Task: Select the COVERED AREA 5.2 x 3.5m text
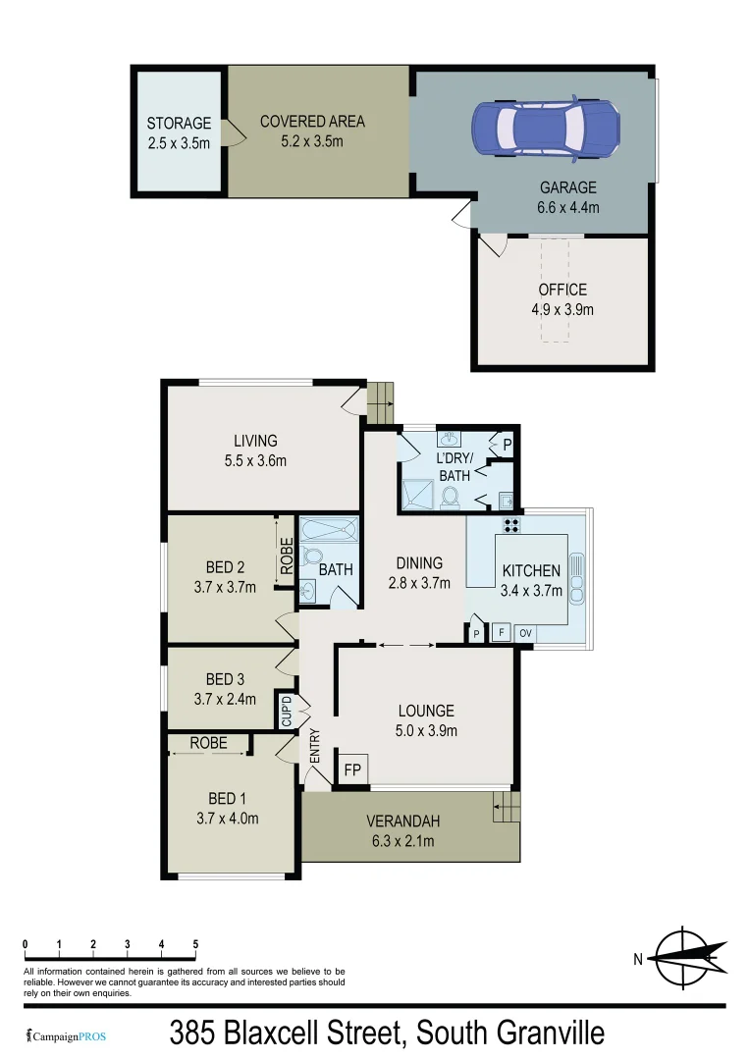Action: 312,131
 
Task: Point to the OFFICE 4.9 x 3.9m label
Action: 562,299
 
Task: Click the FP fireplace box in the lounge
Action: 352,769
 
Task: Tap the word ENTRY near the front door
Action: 316,748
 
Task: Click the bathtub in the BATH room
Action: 328,532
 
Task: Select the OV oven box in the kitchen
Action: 525,633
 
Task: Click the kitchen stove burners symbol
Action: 511,524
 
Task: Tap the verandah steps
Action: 506,809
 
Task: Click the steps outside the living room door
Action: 380,399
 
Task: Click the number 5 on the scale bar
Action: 195,944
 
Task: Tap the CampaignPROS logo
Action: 67,1035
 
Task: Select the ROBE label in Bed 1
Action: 208,743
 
